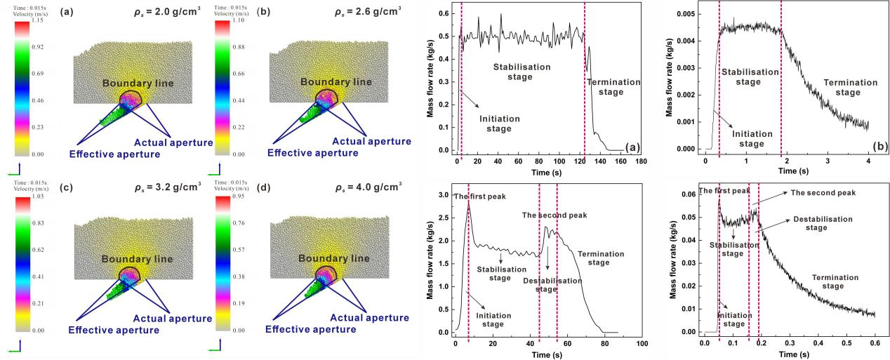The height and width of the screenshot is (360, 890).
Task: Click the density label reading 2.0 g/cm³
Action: tap(168, 12)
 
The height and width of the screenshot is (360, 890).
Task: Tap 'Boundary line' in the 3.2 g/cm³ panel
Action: tap(136, 259)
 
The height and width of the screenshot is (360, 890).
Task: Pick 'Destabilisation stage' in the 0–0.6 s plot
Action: tap(823, 223)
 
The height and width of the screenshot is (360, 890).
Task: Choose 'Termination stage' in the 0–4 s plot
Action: tap(849, 87)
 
